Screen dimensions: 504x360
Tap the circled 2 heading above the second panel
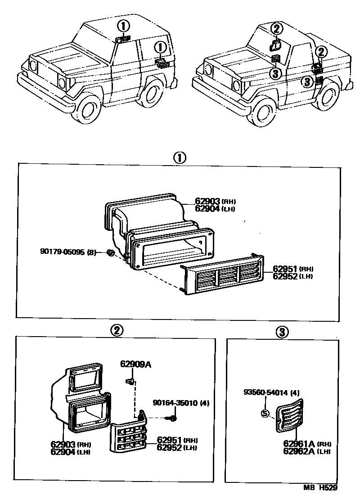tap(116, 331)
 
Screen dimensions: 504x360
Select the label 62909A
tap(135, 364)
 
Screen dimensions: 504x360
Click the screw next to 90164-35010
tap(173, 418)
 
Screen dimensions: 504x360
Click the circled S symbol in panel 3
tap(265, 414)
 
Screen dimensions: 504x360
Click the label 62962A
tap(298, 451)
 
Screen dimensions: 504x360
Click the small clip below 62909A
tap(130, 382)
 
